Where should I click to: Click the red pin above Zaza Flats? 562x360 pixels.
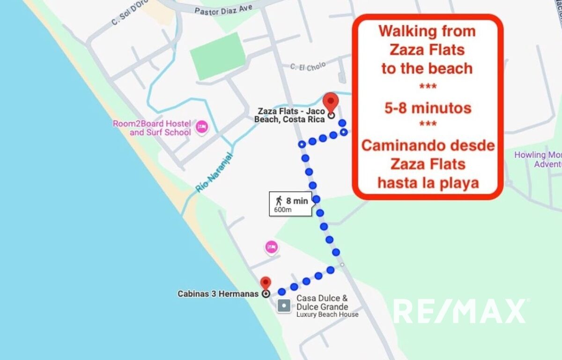331,101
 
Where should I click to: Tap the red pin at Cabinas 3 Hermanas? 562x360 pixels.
266,283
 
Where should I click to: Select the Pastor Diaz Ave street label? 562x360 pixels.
223,9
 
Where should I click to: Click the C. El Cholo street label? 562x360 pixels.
308,67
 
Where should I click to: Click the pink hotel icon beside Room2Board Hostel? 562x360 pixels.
202,127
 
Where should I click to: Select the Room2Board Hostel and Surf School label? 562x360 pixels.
152,128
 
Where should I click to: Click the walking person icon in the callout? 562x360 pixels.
279,201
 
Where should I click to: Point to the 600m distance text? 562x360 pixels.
283,210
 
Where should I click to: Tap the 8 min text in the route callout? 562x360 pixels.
297,201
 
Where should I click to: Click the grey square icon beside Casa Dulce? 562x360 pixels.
284,306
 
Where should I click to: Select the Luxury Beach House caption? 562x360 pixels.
327,315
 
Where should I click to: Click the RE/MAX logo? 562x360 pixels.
459,311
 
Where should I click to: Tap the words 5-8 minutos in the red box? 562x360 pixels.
427,108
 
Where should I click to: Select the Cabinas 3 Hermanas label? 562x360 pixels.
218,294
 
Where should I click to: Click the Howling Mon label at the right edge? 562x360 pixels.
538,155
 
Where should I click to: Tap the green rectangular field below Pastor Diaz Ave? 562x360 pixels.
217,56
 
